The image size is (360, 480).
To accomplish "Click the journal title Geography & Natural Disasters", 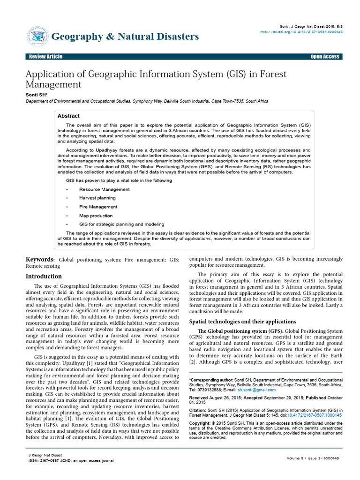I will point(125,36).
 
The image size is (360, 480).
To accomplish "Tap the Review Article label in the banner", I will point(45,57).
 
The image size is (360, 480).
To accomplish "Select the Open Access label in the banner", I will point(325,57).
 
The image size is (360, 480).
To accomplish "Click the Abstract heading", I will point(68,116).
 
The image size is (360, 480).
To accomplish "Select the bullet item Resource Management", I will point(104,189).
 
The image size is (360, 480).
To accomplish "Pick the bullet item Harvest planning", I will point(97,198).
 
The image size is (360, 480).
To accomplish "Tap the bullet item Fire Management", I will point(98,207).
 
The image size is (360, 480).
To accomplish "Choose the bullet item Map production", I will point(96,216).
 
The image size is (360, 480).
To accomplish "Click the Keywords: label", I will point(40,259).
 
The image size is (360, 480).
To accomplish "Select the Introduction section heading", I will point(44,276).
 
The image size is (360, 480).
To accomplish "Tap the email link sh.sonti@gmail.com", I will point(256,390).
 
